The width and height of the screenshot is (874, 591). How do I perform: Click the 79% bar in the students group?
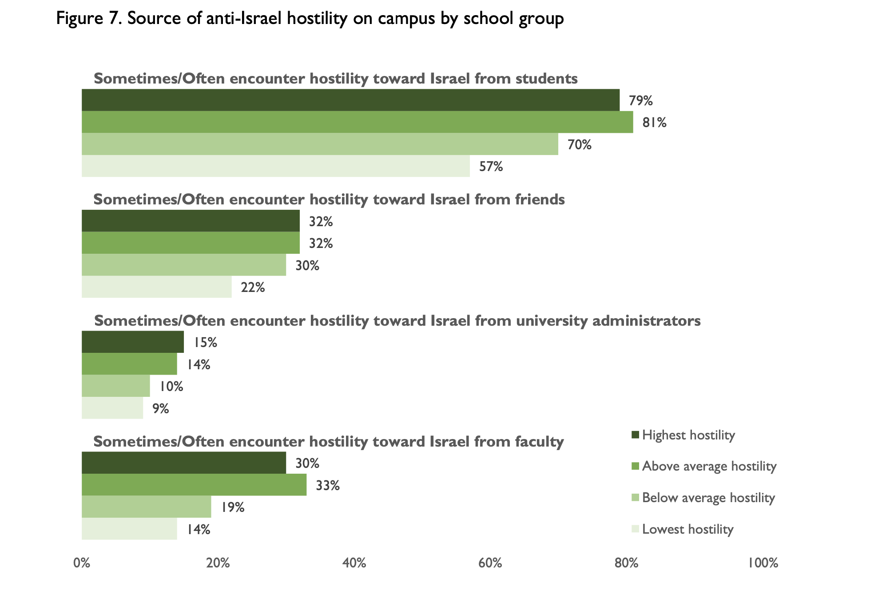350,100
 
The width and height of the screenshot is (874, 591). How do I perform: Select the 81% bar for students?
357,122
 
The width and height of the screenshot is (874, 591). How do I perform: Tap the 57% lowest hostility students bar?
275,166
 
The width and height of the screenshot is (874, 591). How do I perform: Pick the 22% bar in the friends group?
156,287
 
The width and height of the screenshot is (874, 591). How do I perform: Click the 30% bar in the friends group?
183,265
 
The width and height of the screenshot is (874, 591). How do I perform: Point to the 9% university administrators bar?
112,408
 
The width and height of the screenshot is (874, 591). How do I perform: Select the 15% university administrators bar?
132,342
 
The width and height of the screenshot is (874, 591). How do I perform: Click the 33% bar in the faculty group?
194,484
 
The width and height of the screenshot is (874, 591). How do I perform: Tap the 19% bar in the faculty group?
146,507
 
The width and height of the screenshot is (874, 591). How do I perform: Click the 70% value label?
579,144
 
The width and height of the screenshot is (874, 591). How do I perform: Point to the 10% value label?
171,386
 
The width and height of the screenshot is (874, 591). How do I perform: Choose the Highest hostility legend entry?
688,435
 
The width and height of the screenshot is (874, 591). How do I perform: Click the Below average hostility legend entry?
708,497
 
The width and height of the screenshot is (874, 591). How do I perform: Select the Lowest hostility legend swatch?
635,529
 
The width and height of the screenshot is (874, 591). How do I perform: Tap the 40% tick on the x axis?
354,563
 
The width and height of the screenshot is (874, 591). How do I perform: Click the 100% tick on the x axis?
763,563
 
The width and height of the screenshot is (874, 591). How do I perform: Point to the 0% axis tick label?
82,563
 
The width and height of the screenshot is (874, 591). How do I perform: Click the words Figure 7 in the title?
87,19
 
